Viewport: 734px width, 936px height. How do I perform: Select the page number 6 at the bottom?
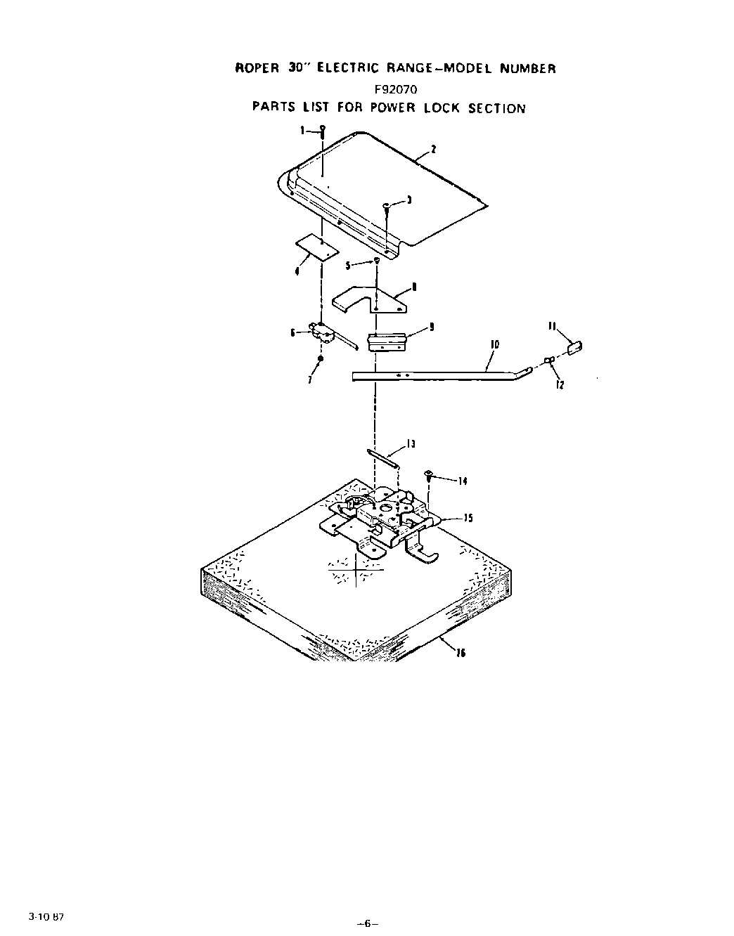click(x=367, y=924)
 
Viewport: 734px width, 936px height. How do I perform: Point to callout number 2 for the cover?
click(x=434, y=149)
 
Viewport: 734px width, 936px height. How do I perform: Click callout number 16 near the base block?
click(x=461, y=653)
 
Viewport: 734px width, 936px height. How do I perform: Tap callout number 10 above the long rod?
click(x=494, y=344)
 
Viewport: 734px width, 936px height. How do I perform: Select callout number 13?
click(x=411, y=444)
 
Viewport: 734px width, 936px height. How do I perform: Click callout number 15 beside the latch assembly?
click(x=468, y=518)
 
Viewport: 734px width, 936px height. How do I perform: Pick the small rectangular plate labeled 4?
click(x=316, y=247)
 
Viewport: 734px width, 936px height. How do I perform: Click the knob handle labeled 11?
click(x=574, y=346)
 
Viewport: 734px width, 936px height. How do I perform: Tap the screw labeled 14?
click(x=429, y=475)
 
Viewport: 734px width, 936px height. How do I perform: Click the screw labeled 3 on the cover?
click(x=387, y=206)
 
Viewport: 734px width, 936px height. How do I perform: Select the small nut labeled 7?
click(x=321, y=359)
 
